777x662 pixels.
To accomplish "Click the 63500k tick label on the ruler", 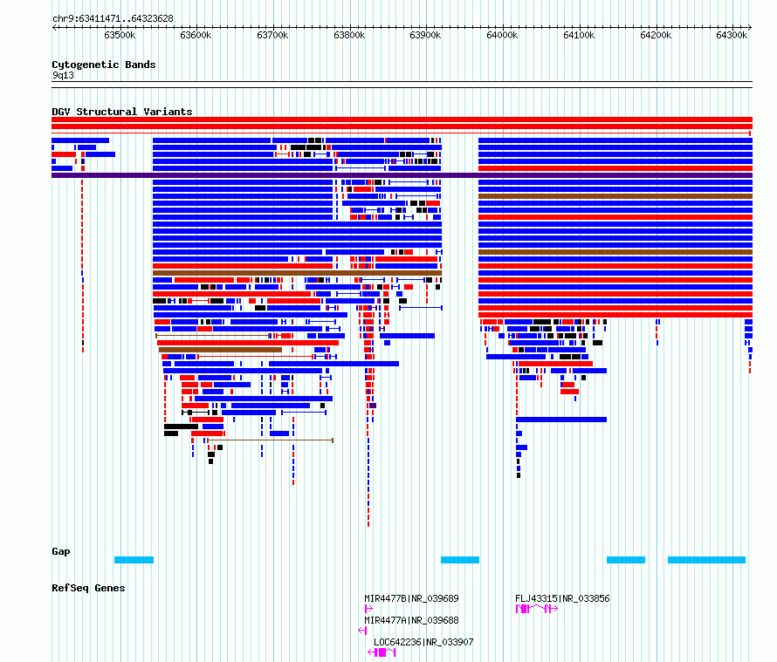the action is [x=120, y=35].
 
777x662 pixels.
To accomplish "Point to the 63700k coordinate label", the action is [x=272, y=35].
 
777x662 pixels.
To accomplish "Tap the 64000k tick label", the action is [x=502, y=35].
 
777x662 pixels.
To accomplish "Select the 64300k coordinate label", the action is [x=732, y=35].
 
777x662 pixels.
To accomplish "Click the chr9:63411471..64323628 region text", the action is [x=113, y=19].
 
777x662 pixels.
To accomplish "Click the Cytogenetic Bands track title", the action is [x=104, y=65].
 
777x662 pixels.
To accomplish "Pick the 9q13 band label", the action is [x=63, y=75].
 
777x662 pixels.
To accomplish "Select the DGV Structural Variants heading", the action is [x=122, y=112].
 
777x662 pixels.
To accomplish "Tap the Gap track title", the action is [x=61, y=551].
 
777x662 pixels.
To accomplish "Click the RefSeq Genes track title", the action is [x=88, y=588].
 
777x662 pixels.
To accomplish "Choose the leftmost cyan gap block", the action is [x=134, y=560].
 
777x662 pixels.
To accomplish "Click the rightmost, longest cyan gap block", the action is [x=706, y=560].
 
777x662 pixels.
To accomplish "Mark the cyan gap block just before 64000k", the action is [x=460, y=560].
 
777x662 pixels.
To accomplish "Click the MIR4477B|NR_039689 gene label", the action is [x=411, y=598].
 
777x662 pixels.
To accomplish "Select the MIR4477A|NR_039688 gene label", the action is [x=411, y=620].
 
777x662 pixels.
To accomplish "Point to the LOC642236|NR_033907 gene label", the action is [x=423, y=642].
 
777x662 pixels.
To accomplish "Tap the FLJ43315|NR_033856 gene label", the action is [x=562, y=598].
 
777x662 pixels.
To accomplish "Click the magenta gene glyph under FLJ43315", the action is [x=537, y=609].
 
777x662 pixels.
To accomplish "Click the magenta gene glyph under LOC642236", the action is [x=382, y=652].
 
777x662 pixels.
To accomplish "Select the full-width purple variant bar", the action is [x=402, y=175].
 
